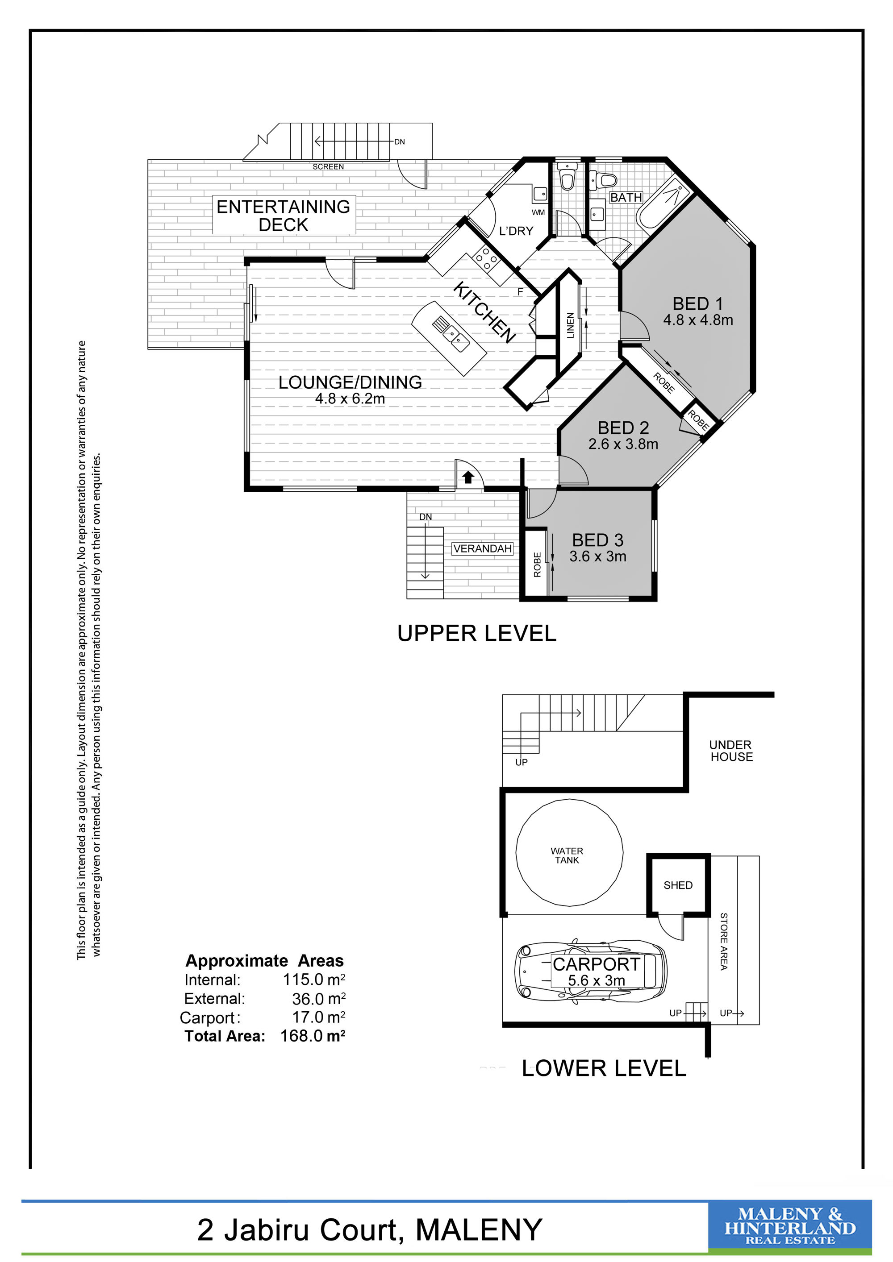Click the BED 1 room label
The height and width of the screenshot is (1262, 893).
pos(697,303)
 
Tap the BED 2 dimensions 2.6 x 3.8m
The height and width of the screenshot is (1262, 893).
pos(623,444)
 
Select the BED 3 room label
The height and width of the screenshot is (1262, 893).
pos(598,540)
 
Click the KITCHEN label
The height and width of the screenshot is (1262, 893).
pos(484,312)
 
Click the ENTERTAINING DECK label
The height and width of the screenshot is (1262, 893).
pos(283,216)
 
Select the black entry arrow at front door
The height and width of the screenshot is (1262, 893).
pos(467,477)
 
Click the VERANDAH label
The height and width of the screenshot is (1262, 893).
pos(482,548)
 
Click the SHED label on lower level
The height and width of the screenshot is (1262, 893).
pos(678,885)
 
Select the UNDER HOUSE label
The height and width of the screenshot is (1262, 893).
pos(731,751)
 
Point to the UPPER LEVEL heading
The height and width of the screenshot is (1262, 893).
pos(476,634)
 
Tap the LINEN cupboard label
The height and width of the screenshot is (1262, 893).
pos(570,325)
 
